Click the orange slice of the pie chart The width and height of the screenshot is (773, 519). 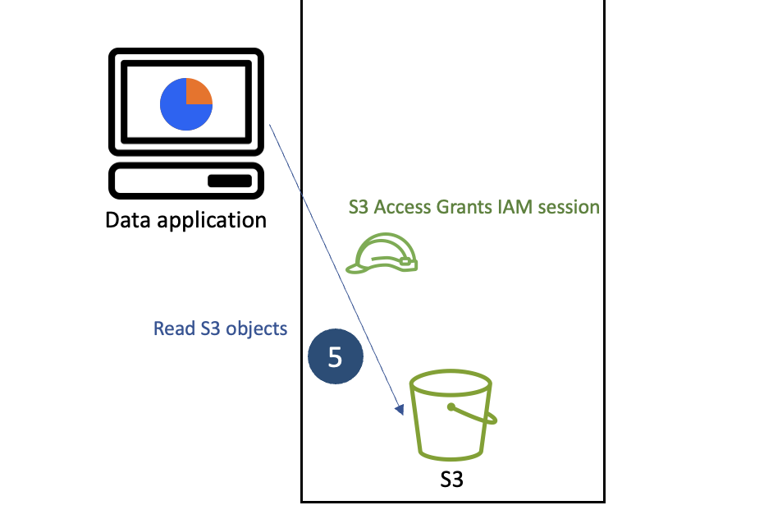(x=198, y=91)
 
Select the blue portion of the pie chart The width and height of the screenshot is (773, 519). (x=180, y=111)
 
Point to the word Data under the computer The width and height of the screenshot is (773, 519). (x=130, y=220)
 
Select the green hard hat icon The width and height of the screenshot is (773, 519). (x=382, y=252)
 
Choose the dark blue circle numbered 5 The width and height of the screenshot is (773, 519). (x=335, y=356)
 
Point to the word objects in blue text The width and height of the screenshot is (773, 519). (x=258, y=328)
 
